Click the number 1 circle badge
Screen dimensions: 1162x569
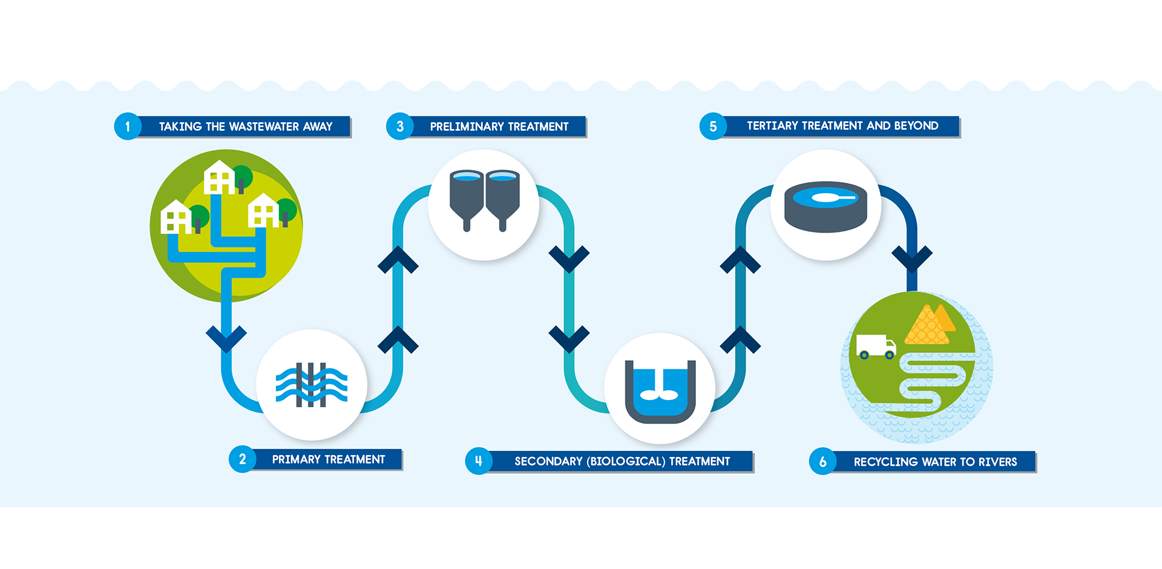(x=128, y=127)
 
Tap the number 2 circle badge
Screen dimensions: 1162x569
(x=242, y=459)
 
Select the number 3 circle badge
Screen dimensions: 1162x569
(x=399, y=127)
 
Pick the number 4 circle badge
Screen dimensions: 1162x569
(x=478, y=461)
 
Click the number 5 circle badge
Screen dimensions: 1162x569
(x=713, y=127)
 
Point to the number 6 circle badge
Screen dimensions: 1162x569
(x=822, y=462)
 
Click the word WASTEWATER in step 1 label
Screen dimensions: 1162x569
(x=264, y=127)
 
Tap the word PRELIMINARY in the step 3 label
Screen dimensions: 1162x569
(x=467, y=127)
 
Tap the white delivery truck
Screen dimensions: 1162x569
(x=875, y=347)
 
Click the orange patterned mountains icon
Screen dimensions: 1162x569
(x=929, y=326)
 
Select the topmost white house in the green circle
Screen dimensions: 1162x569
(x=219, y=177)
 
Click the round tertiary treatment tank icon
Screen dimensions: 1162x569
(x=826, y=206)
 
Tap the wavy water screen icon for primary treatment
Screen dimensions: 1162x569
(x=311, y=385)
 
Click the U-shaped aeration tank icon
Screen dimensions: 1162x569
(x=660, y=391)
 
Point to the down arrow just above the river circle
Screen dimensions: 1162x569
(x=912, y=259)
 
